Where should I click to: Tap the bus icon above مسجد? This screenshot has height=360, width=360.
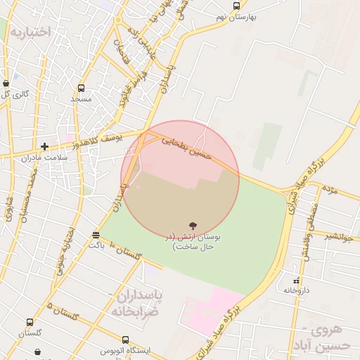[81, 89]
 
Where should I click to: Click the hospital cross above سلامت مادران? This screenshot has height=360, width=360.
[45, 146]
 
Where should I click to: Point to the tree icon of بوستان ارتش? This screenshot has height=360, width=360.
[193, 226]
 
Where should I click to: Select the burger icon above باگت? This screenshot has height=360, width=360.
[96, 235]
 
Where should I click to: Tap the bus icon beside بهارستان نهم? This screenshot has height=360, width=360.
[236, 6]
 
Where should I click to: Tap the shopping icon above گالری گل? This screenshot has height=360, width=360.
[6, 83]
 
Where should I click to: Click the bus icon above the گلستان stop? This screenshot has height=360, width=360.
[30, 323]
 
